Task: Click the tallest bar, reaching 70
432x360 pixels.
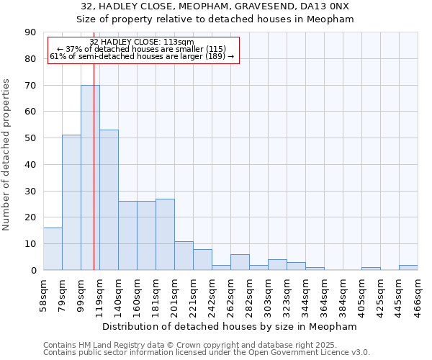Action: click(90, 177)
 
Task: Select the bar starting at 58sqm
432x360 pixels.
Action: click(53, 248)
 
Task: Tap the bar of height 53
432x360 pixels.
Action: click(109, 199)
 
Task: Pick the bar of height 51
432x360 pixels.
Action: click(71, 202)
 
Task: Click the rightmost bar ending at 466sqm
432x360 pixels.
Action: click(408, 267)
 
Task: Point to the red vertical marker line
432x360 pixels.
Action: click(94, 180)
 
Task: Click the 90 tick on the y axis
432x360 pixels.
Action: click(30, 32)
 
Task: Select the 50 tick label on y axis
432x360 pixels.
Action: click(30, 138)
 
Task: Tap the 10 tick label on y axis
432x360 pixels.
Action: click(30, 244)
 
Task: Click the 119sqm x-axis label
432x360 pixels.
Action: click(100, 294)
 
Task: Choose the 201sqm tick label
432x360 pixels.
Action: click(175, 294)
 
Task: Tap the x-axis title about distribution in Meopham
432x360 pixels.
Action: click(235, 326)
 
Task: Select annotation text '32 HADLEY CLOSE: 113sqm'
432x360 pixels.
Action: click(142, 42)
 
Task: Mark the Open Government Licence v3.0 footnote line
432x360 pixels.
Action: click(207, 353)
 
